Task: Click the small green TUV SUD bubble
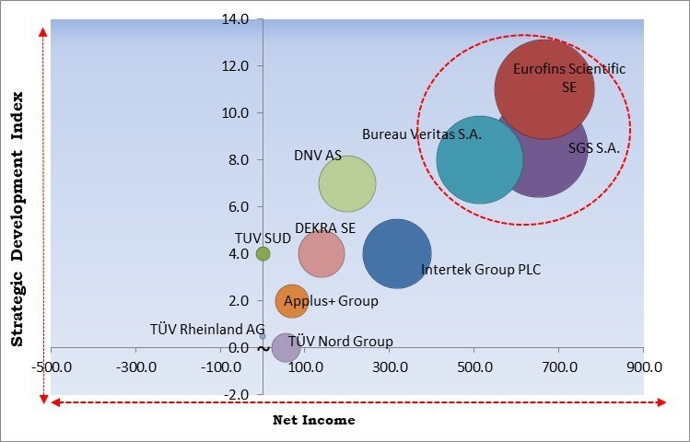tap(263, 253)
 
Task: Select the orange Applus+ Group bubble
tap(291, 300)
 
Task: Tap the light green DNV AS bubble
tap(347, 184)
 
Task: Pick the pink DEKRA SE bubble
tap(322, 254)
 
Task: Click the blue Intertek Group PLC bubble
tap(397, 253)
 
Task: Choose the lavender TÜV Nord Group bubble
tap(286, 348)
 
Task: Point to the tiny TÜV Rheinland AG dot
tap(263, 336)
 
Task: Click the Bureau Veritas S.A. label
tap(421, 134)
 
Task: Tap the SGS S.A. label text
tap(593, 147)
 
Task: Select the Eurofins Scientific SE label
tap(568, 77)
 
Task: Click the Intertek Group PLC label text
tap(481, 270)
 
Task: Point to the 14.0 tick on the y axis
tap(236, 18)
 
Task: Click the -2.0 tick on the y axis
tap(236, 394)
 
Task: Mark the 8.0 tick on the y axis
tap(236, 159)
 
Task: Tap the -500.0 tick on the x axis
tap(52, 366)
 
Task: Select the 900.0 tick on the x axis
tap(643, 366)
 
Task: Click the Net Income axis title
tap(314, 420)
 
